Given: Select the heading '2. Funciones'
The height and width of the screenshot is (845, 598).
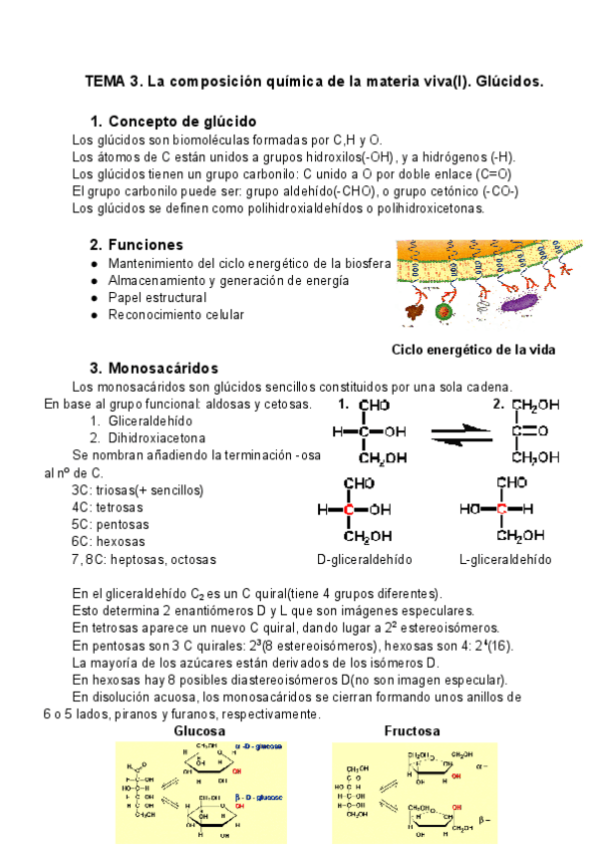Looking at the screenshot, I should tap(137, 244).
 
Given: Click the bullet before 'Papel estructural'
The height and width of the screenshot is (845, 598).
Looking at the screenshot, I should tap(94, 298).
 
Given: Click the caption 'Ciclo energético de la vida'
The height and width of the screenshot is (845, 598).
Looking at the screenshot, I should tap(473, 349).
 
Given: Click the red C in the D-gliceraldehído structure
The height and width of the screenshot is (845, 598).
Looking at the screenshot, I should tap(350, 509).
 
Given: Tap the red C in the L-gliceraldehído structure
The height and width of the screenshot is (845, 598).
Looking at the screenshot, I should tap(503, 509).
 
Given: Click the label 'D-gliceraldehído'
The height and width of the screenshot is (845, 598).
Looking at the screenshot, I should tap(364, 559).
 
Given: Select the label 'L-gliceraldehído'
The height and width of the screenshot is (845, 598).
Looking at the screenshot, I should tap(505, 559).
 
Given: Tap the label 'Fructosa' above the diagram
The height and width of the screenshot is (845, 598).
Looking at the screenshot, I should tap(412, 730).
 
